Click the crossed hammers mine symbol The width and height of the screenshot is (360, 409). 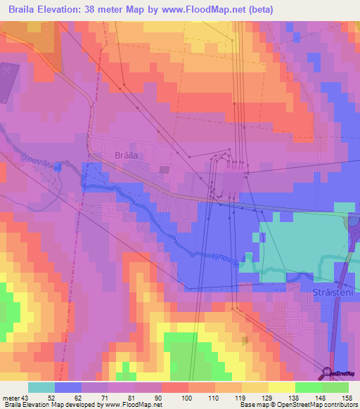pos(9,71)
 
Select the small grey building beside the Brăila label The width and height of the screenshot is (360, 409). pos(164,169)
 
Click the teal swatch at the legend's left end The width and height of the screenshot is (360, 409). pos(41,387)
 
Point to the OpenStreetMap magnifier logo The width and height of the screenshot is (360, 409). pos(328,372)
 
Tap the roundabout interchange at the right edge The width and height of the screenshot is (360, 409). pos(354,224)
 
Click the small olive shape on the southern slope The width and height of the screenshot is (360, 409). pos(245,341)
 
